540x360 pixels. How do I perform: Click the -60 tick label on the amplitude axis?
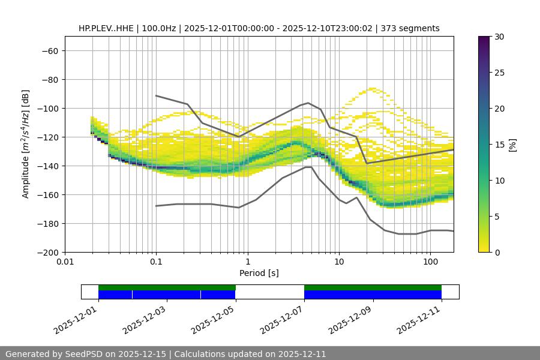coord(49,50)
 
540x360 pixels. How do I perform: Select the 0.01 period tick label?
coord(65,262)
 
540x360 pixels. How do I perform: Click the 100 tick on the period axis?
coord(430,262)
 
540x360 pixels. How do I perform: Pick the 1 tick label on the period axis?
coord(247,262)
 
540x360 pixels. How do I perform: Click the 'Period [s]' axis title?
coord(259,273)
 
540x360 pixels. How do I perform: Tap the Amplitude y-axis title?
coord(26,144)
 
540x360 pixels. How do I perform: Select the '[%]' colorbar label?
coord(512,145)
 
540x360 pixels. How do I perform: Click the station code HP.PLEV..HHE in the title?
coord(106,28)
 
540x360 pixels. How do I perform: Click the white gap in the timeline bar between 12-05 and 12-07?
coord(270,292)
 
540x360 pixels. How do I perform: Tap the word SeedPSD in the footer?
coord(81,354)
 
